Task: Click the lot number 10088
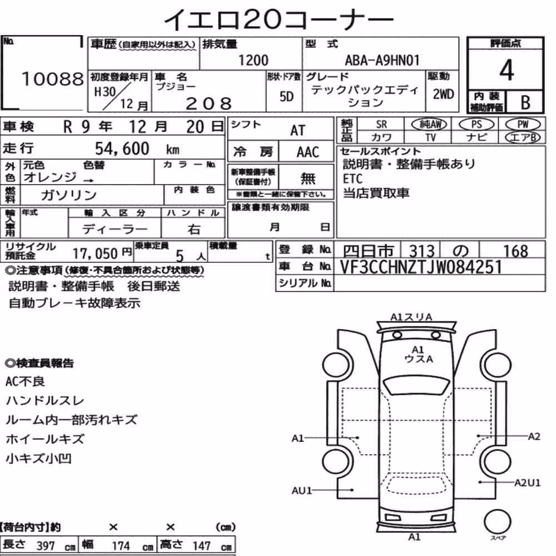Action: click(x=53, y=79)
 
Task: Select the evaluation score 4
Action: click(x=507, y=70)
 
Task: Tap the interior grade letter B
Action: click(x=525, y=102)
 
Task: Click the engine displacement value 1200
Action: click(x=254, y=60)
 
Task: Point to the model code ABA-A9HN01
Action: click(x=383, y=60)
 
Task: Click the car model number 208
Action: click(x=209, y=103)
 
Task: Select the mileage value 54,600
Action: click(x=122, y=148)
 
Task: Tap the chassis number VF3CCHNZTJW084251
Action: click(x=421, y=267)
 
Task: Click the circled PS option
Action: click(x=476, y=124)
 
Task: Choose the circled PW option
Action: click(x=523, y=124)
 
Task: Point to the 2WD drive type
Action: click(x=443, y=95)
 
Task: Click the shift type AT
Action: click(x=298, y=131)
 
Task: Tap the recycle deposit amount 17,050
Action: click(x=96, y=254)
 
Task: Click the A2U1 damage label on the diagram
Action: click(x=527, y=483)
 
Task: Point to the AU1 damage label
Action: click(x=302, y=490)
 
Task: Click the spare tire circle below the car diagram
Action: click(x=497, y=522)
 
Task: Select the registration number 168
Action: click(x=516, y=251)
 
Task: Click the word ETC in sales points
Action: click(x=353, y=178)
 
